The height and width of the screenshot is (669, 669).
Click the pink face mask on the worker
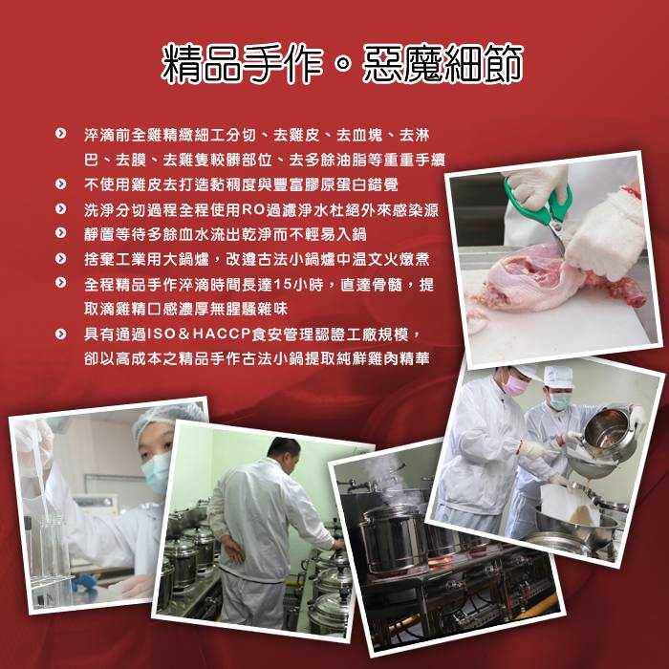point(517,385)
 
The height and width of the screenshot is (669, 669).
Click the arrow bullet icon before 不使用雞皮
point(61,184)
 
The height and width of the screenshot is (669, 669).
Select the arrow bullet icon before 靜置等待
point(61,234)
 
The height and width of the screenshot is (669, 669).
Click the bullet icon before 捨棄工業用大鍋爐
point(61,259)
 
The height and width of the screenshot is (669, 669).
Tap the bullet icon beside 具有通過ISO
point(61,334)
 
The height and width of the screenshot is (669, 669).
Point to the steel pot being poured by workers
point(608,431)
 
